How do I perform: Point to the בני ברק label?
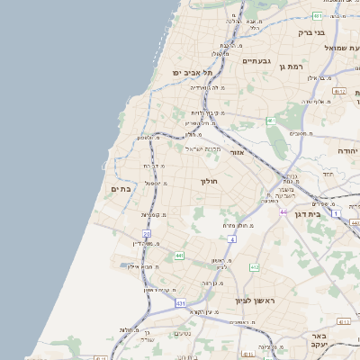[310, 32]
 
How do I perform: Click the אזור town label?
[238, 153]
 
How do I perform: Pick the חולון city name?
[209, 181]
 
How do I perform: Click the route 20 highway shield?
[146, 234]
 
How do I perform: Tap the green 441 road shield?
[179, 256]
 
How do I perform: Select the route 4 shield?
[231, 238]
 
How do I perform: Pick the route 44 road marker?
[283, 212]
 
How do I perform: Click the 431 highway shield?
[181, 303]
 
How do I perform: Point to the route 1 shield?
[335, 213]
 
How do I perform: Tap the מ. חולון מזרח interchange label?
[241, 224]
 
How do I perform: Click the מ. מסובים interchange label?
[301, 133]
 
